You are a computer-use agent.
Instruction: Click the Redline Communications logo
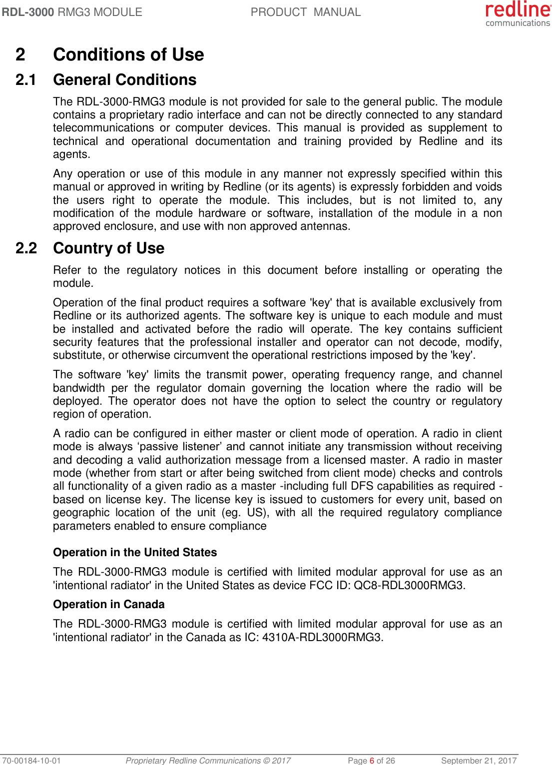(x=518, y=13)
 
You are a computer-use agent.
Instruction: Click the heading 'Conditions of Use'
(x=128, y=54)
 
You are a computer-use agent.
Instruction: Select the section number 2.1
(x=26, y=80)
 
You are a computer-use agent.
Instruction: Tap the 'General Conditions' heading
(x=124, y=80)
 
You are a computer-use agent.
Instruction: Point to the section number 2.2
(x=26, y=248)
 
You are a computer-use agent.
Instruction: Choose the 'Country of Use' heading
(x=108, y=248)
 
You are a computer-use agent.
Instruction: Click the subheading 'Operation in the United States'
(x=135, y=552)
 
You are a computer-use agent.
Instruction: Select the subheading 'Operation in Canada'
(x=108, y=604)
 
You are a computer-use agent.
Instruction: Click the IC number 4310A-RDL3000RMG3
(x=323, y=637)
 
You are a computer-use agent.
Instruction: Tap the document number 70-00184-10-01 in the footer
(x=31, y=761)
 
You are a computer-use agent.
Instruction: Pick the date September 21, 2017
(x=479, y=761)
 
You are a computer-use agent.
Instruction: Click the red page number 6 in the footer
(x=372, y=761)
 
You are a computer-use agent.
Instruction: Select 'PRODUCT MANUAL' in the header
(x=305, y=12)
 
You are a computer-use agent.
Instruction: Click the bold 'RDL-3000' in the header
(x=28, y=12)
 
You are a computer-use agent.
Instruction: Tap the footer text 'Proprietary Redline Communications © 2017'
(x=208, y=761)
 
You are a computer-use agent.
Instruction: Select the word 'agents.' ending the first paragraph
(x=71, y=154)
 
